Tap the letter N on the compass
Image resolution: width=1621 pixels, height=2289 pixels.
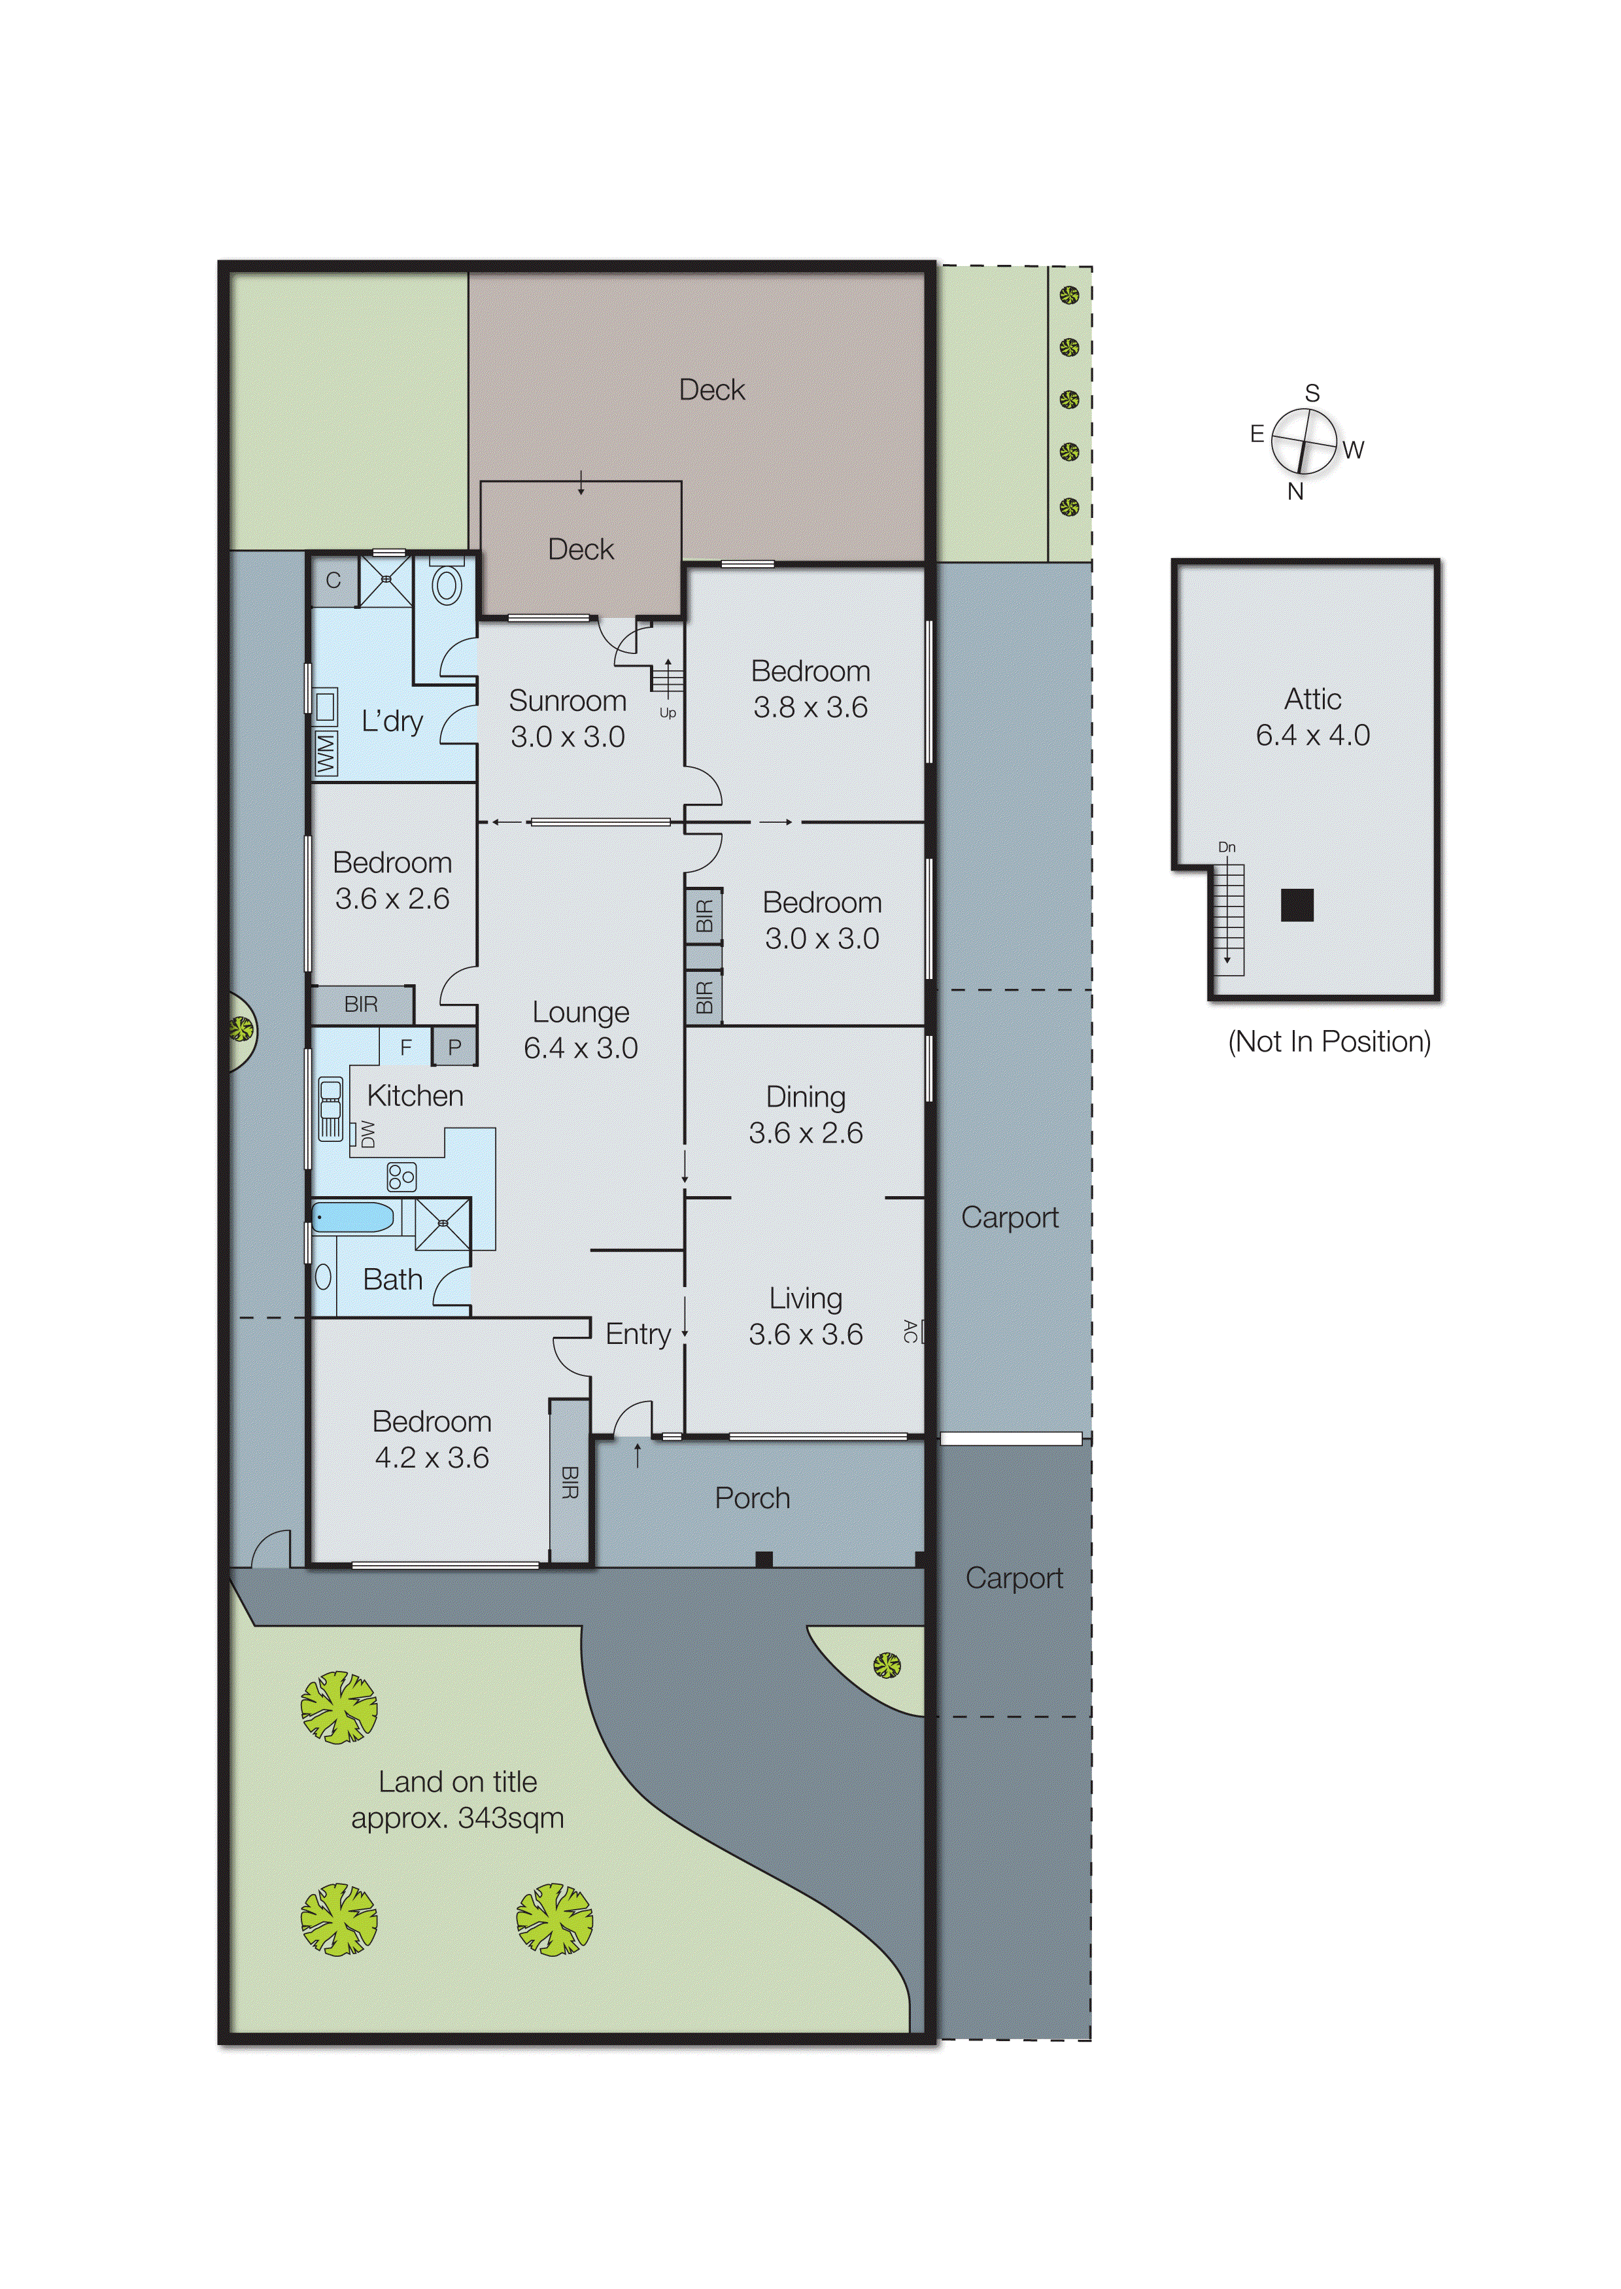coord(1295,491)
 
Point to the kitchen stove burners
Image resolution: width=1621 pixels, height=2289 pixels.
coord(401,1177)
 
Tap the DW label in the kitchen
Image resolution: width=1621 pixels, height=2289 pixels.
coord(367,1134)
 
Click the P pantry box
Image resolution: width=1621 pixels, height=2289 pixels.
coord(454,1047)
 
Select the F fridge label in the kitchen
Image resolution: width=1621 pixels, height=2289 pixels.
coord(405,1047)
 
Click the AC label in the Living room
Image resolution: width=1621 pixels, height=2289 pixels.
coord(910,1331)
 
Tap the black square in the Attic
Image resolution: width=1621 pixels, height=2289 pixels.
coord(1297,904)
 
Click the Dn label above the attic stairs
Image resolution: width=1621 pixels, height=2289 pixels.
coord(1227,848)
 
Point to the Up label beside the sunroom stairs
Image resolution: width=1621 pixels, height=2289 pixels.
coord(667,713)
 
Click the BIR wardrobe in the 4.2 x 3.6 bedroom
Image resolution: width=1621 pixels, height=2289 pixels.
coord(569,1481)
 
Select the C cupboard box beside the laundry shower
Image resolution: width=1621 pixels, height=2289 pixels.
coord(333,581)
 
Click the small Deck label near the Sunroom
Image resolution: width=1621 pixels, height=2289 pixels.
coord(581,549)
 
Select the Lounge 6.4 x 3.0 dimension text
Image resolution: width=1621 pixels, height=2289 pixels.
coord(581,1048)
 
